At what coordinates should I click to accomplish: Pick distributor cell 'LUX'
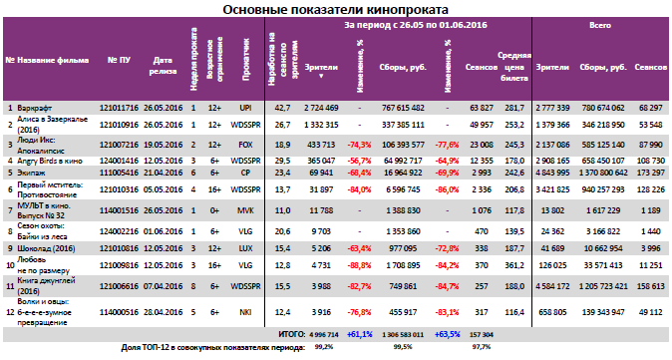pos(244,244)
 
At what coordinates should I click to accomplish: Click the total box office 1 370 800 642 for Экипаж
pos(596,172)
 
